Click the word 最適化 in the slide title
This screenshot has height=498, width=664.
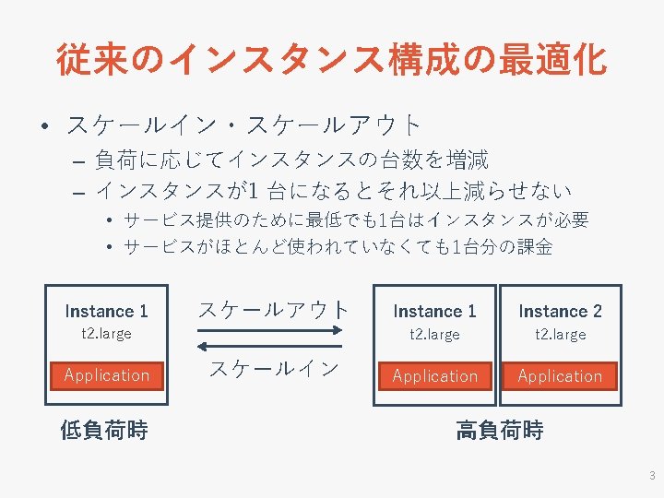tap(551, 60)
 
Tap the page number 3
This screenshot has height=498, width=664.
tap(652, 476)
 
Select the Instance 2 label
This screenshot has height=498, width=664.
tap(560, 311)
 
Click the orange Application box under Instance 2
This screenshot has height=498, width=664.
tap(560, 376)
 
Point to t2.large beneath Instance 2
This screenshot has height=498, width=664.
tap(560, 335)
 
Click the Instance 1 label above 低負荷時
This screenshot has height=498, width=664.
tap(106, 311)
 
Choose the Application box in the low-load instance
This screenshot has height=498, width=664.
tap(107, 375)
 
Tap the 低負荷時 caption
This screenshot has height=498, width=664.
tap(104, 431)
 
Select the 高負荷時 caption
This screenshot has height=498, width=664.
tap(499, 431)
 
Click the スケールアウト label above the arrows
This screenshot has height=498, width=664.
tap(274, 310)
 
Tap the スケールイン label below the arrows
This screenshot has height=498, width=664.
tap(274, 369)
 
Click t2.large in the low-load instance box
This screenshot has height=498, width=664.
tap(107, 334)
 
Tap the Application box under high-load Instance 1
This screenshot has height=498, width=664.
tap(435, 376)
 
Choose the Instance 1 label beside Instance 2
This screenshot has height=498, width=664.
tap(434, 311)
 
